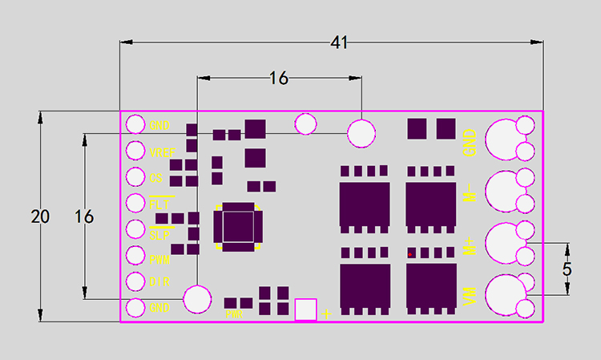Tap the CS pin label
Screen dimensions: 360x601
[157, 178]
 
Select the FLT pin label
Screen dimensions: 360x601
[159, 204]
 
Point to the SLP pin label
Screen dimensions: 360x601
[159, 235]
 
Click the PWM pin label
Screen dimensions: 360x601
[159, 259]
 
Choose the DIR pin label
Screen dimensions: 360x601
[159, 282]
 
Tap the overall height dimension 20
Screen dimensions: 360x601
[39, 216]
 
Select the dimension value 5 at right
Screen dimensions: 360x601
[567, 269]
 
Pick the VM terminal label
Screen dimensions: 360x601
[470, 296]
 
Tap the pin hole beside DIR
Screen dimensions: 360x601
[135, 282]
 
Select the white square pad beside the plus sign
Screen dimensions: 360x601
[306, 309]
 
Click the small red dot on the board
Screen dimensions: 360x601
[410, 254]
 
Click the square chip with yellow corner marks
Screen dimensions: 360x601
[237, 225]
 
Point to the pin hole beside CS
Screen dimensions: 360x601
[135, 178]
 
